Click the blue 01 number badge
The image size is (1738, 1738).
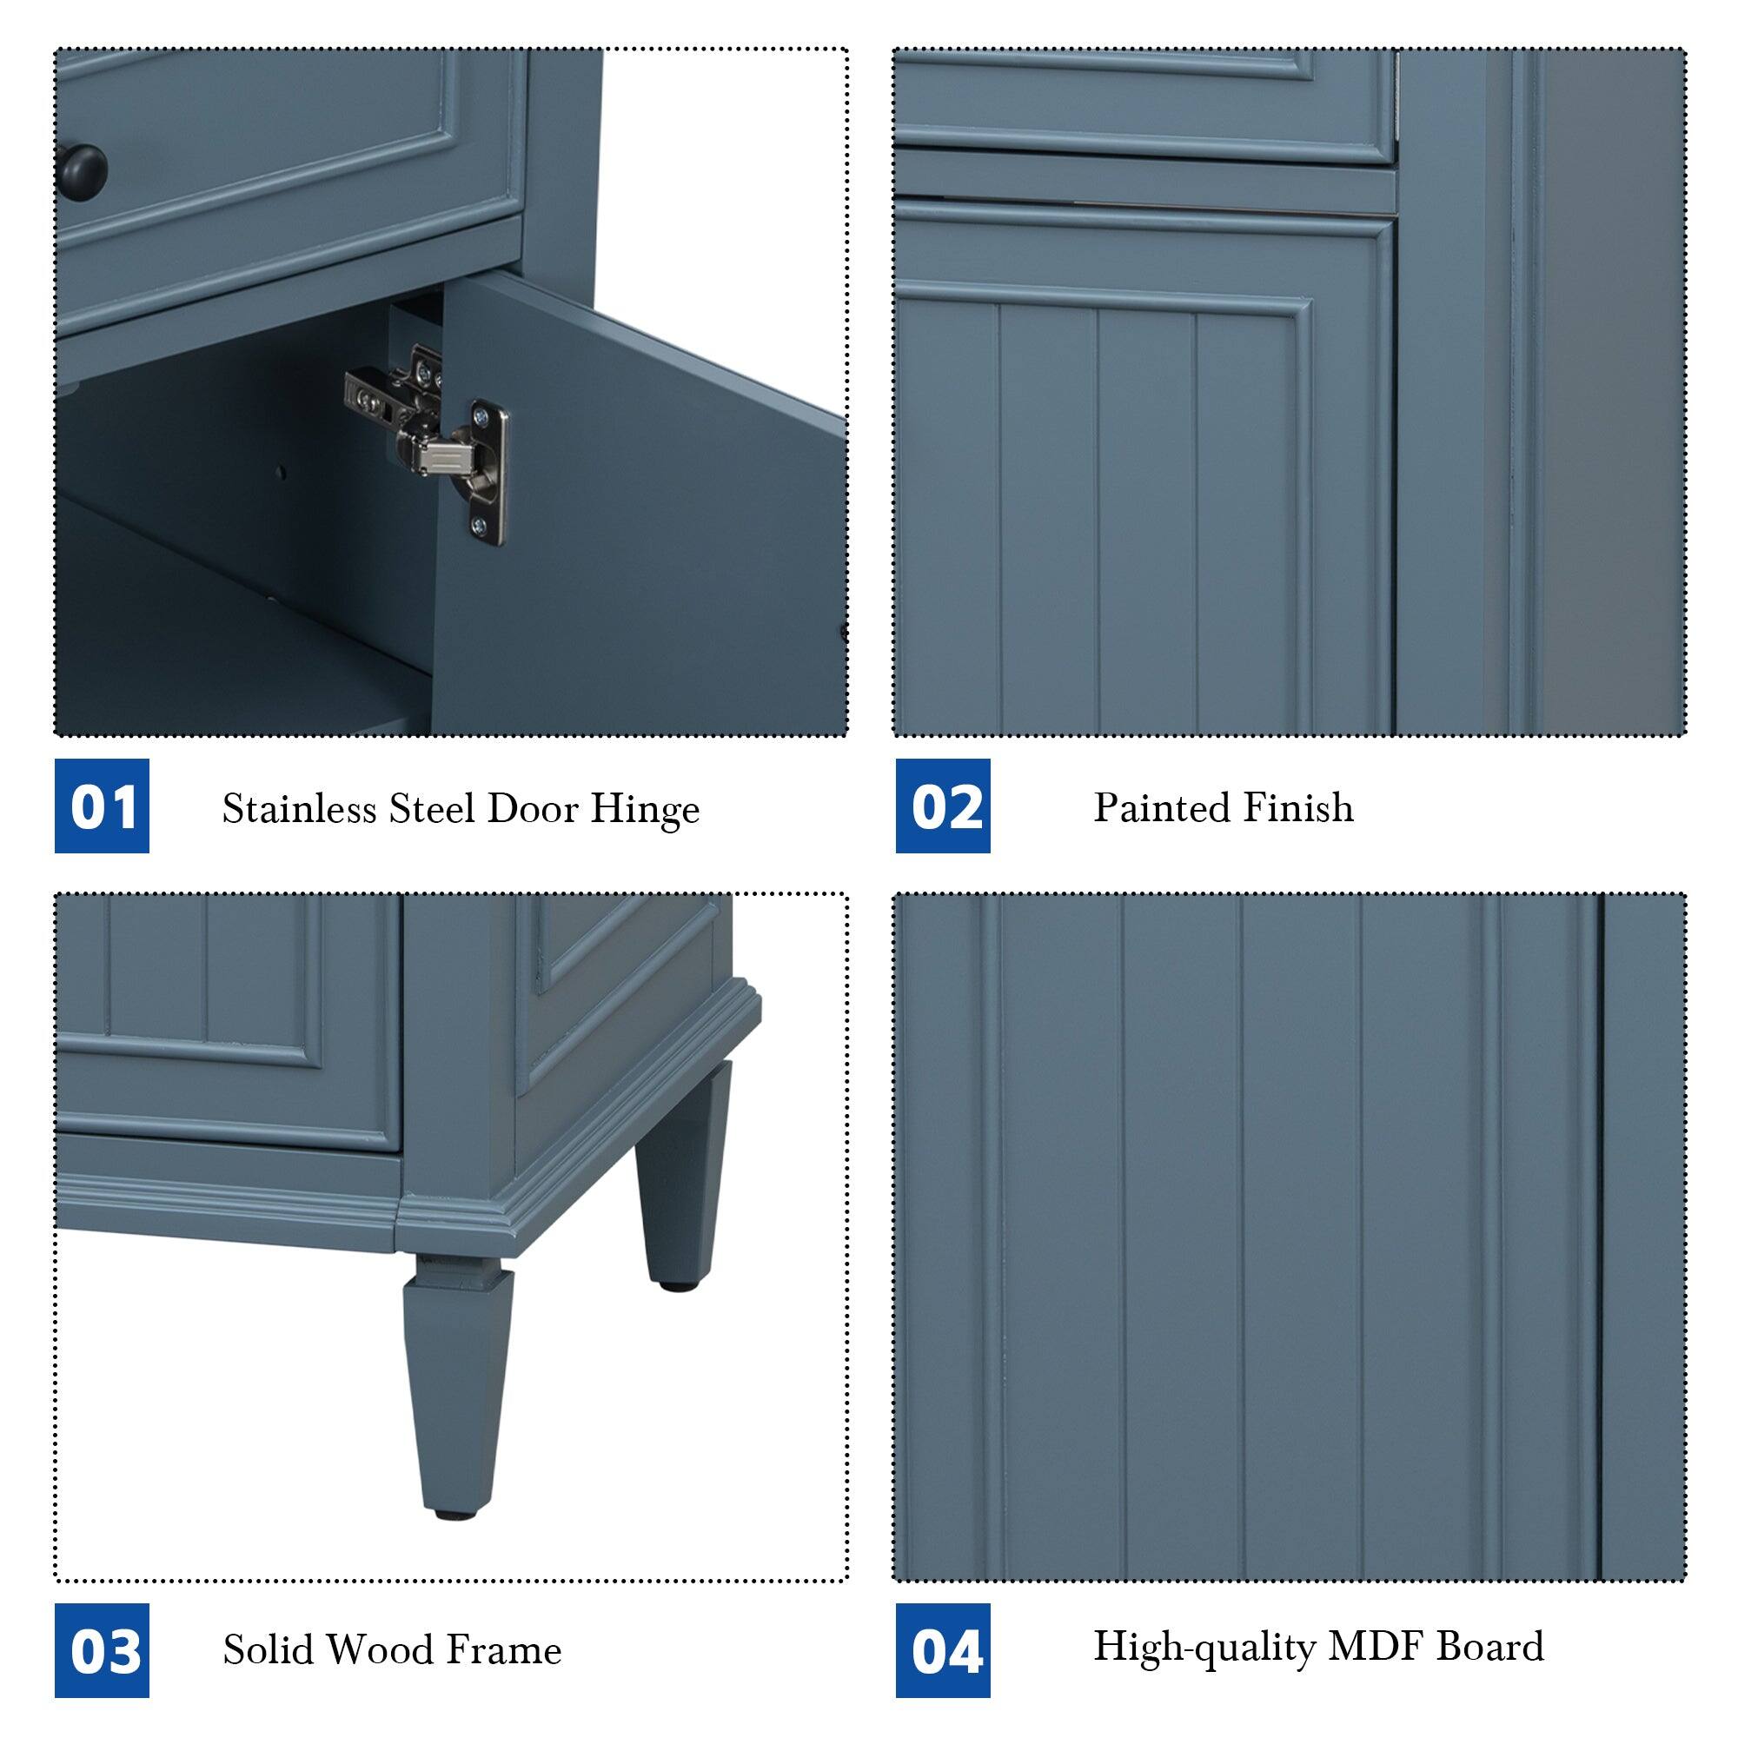click(102, 806)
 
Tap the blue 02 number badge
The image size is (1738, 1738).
click(943, 806)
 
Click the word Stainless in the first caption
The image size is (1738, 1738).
click(299, 809)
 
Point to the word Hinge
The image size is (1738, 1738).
click(644, 811)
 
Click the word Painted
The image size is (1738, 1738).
click(1150, 807)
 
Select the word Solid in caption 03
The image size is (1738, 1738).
click(267, 1649)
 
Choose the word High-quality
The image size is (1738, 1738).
click(1203, 1647)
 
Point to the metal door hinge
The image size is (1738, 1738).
click(430, 438)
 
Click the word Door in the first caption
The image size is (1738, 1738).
click(532, 809)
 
